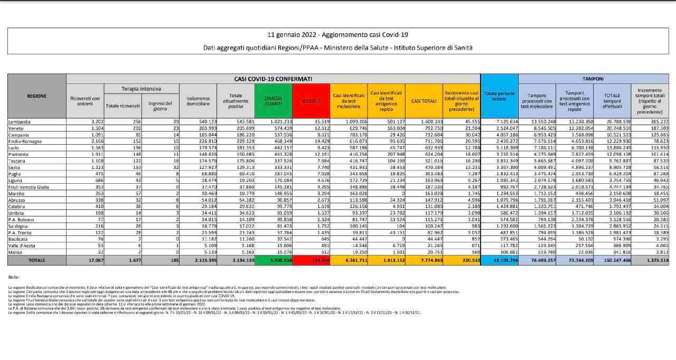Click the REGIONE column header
click(x=36, y=96)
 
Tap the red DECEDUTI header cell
click(x=311, y=100)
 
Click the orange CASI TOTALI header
click(x=423, y=100)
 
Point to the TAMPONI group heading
click(x=593, y=78)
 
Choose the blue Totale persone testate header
click(x=499, y=96)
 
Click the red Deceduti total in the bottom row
click(x=311, y=260)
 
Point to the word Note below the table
click(x=14, y=277)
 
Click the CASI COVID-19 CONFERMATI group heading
click(x=273, y=78)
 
